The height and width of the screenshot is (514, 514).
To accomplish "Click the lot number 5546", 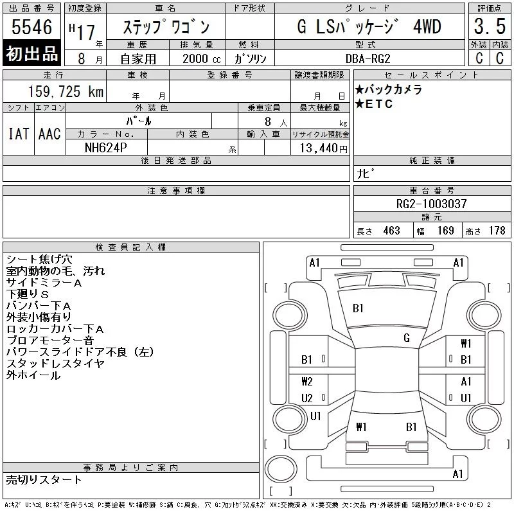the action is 31,27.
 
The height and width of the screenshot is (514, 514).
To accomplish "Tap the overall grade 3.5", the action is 490,26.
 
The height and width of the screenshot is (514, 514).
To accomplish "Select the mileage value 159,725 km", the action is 66,91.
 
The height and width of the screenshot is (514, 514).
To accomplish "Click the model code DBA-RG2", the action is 368,58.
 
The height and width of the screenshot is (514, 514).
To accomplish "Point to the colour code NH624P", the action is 105,148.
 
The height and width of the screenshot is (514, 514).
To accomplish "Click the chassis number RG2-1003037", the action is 431,204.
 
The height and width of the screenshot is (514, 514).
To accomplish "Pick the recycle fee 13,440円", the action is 323,148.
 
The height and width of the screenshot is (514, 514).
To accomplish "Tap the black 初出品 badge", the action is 31,53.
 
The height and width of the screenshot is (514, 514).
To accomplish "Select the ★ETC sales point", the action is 374,104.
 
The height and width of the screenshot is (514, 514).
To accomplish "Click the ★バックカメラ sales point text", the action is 389,89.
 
